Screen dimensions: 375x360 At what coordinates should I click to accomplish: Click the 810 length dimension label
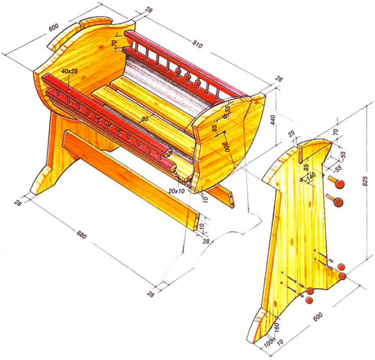(x=198, y=44)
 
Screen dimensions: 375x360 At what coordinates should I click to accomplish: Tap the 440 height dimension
(x=273, y=120)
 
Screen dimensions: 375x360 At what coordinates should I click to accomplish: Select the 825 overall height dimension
(x=365, y=182)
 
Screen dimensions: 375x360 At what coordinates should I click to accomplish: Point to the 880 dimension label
(x=81, y=234)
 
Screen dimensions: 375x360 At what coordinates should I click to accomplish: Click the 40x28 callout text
(x=69, y=71)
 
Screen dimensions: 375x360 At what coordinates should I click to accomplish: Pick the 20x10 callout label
(x=177, y=191)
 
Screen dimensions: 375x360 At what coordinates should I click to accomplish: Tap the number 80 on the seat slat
(x=145, y=119)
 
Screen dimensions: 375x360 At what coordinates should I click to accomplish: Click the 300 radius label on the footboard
(x=226, y=146)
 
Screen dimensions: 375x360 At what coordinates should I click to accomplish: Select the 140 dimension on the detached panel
(x=311, y=177)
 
